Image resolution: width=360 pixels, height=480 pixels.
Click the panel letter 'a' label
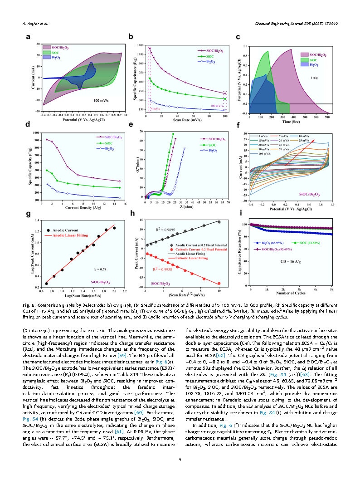click(x=28, y=37)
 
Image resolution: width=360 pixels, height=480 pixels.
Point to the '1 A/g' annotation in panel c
click(x=313, y=78)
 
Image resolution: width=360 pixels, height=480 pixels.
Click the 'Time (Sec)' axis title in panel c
click(x=290, y=122)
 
